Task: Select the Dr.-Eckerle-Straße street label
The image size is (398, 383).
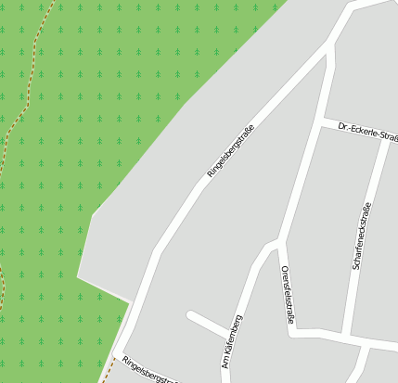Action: coord(367,132)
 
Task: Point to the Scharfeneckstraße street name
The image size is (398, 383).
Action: coord(361,236)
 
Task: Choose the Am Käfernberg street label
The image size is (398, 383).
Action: coord(232,340)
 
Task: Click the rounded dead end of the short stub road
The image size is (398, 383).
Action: coord(191,315)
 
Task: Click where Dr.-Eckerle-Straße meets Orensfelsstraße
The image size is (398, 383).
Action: coord(320,122)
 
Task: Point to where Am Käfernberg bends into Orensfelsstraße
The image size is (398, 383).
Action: coord(276,245)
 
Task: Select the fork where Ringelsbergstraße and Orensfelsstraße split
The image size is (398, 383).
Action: coord(330,43)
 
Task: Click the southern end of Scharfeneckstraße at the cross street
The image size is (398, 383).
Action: coord(346,333)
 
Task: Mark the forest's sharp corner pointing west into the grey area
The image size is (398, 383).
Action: coord(78,276)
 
